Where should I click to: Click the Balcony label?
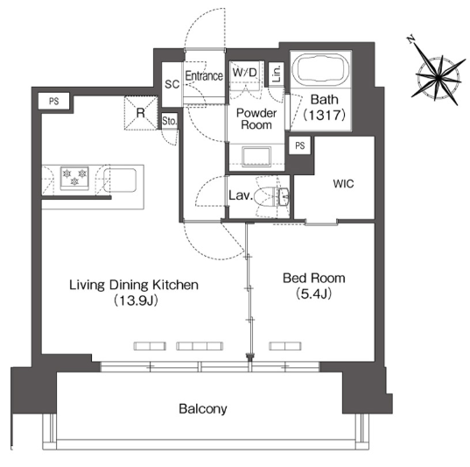[x=203, y=409]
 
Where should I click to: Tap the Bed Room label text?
[x=314, y=279]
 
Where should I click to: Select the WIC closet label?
[x=343, y=183]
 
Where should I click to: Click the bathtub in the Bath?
[x=320, y=70]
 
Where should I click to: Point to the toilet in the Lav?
[x=265, y=196]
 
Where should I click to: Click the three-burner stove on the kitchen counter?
[x=74, y=178]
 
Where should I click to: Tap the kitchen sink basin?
[x=120, y=180]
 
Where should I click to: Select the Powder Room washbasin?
[x=256, y=156]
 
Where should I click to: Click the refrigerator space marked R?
[x=141, y=113]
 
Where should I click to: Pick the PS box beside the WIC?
[x=299, y=145]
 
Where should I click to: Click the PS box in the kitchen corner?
[x=54, y=101]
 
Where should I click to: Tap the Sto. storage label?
[x=169, y=121]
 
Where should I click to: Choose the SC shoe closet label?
[x=172, y=84]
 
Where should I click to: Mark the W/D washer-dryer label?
[x=244, y=73]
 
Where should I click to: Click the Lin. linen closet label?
[x=277, y=74]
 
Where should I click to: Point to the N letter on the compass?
[x=411, y=39]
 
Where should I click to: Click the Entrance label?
[x=204, y=75]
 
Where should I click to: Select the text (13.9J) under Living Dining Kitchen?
[x=136, y=301]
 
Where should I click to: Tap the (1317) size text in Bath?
[x=324, y=115]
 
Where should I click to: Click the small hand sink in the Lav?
[x=284, y=196]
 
